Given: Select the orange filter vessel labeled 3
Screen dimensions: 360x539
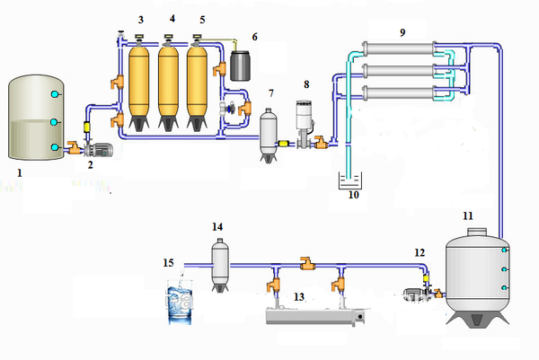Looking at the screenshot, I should point(139,85).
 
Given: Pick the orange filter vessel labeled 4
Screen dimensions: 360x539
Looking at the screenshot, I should point(168,85).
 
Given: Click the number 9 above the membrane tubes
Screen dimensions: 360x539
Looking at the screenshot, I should point(402,32).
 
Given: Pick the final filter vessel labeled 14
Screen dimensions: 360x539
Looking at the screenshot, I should point(219,262).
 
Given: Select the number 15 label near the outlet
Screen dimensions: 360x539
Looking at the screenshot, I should point(169,263).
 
